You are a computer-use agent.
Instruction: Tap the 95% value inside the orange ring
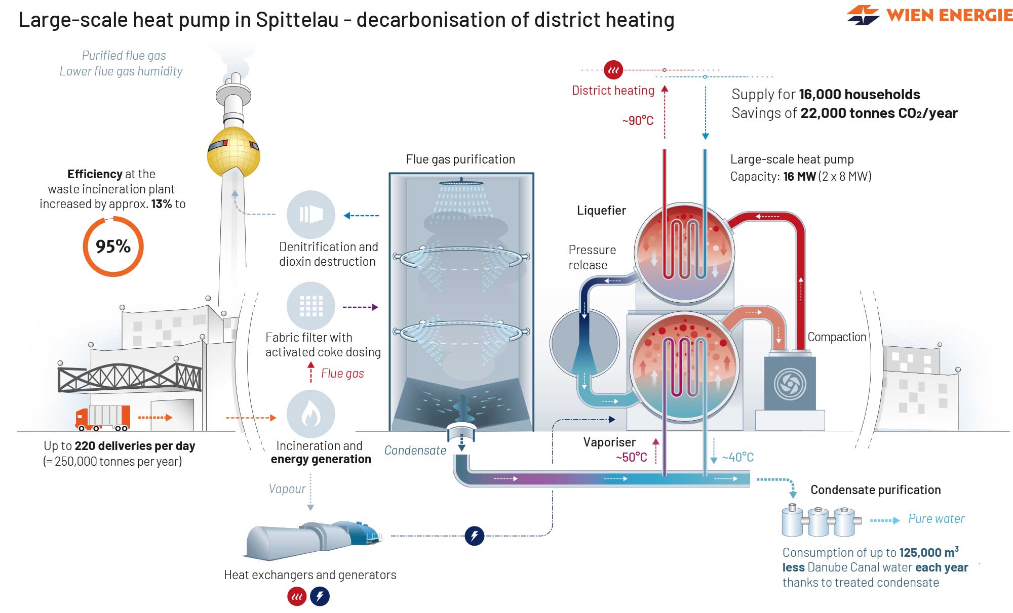tap(113, 247)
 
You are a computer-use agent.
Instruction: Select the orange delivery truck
tap(103, 418)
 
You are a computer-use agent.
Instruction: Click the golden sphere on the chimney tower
tap(233, 152)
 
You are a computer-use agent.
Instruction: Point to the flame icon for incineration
tap(310, 414)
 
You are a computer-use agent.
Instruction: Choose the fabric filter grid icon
tap(311, 306)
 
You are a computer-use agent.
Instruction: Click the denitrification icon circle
tap(311, 215)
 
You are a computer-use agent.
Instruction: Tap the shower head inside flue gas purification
tap(461, 183)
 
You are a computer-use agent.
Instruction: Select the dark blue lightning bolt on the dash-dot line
tap(474, 536)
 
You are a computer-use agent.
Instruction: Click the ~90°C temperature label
tap(638, 120)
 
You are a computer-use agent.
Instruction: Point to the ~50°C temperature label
tap(631, 458)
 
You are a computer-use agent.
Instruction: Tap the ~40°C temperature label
tap(738, 458)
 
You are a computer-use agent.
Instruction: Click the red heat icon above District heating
tap(613, 70)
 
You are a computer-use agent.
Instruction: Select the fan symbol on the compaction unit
tap(790, 383)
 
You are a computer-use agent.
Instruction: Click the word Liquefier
tap(601, 211)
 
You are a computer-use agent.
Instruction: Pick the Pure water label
tap(936, 519)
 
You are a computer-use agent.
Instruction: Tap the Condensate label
tap(415, 451)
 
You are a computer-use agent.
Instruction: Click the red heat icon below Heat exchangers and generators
tap(297, 597)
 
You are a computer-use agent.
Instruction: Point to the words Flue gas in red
tap(342, 374)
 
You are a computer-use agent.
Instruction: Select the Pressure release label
tap(592, 257)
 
